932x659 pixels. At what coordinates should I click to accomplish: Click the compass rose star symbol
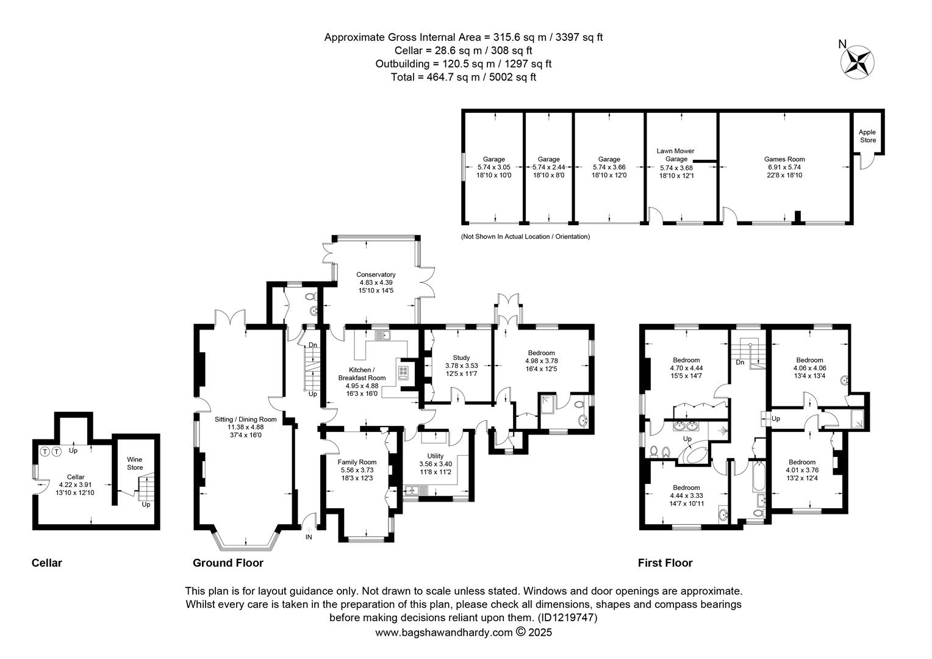point(857,62)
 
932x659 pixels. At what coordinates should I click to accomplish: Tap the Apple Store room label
point(867,136)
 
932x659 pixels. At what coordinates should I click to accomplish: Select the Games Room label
point(784,159)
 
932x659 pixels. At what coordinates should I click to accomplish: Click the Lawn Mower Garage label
point(676,155)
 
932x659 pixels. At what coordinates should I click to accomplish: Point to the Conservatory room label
point(376,275)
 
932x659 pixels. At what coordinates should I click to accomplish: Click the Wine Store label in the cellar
point(135,463)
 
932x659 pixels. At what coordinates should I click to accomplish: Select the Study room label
point(461,358)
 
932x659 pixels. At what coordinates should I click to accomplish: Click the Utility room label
point(436,456)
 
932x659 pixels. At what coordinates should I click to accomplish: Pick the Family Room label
point(357,462)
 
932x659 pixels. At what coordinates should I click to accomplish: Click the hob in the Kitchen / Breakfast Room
point(403,373)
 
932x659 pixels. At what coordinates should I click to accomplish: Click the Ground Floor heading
point(228,563)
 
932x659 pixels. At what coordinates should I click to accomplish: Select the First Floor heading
point(665,563)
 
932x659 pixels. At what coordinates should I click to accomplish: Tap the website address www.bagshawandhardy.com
point(444,633)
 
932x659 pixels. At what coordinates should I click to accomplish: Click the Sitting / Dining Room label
point(245,419)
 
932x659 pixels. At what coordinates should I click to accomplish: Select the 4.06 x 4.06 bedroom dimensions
point(809,368)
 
